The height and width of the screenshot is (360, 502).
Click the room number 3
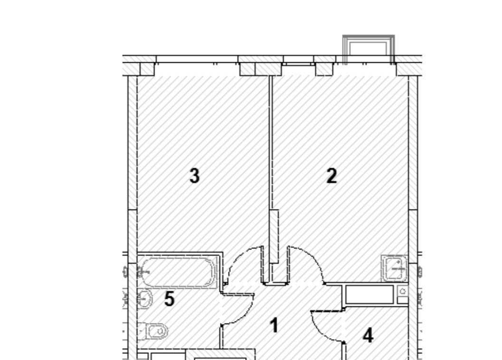[x=194, y=176]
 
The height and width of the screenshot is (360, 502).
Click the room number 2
[x=332, y=176]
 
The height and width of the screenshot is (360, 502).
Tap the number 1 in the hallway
[x=274, y=325]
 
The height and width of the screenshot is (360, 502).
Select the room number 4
[x=368, y=336]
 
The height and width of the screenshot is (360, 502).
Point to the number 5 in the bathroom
[x=170, y=299]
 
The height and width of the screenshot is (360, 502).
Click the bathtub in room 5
[x=177, y=272]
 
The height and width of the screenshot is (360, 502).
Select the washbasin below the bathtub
[x=144, y=299]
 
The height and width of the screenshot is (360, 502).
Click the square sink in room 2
[x=394, y=268]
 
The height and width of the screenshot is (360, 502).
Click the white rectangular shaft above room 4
[x=369, y=294]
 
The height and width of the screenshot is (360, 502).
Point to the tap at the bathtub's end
[x=143, y=273]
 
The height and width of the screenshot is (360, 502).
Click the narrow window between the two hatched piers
[x=298, y=60]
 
